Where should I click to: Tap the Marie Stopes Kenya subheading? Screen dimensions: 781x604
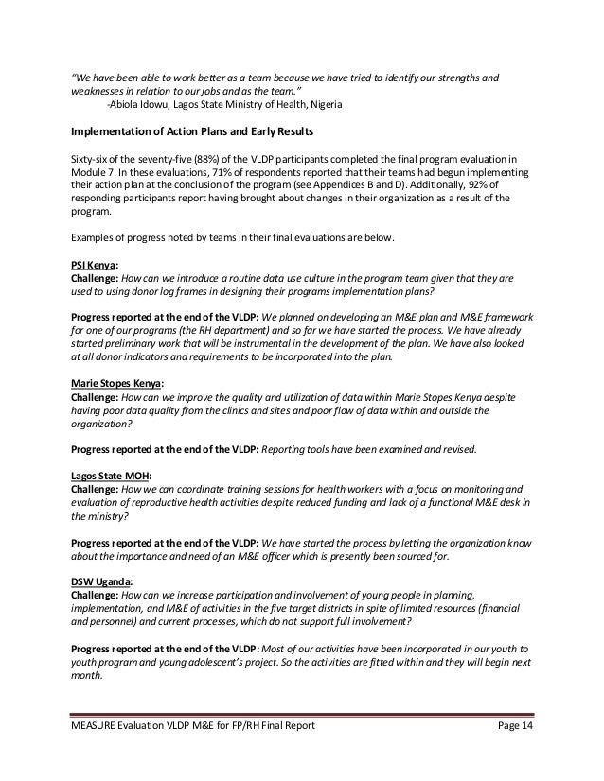tap(116, 384)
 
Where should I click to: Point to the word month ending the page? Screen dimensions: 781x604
tap(87, 689)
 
